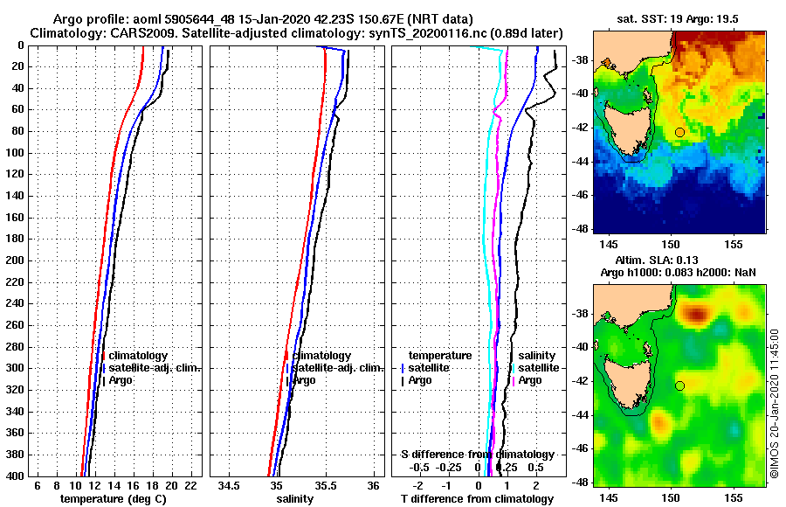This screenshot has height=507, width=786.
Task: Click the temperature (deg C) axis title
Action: tap(113, 499)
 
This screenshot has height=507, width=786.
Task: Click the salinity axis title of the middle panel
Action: tap(296, 499)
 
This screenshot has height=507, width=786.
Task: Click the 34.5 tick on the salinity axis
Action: tap(230, 486)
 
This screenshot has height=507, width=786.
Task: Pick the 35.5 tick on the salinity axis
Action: tap(325, 486)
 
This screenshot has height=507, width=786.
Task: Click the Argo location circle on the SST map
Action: tap(679, 132)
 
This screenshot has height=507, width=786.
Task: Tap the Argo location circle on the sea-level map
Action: tap(679, 385)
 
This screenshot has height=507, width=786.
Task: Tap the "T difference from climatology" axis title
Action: tap(477, 499)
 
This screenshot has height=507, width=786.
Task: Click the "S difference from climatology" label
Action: tap(477, 455)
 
